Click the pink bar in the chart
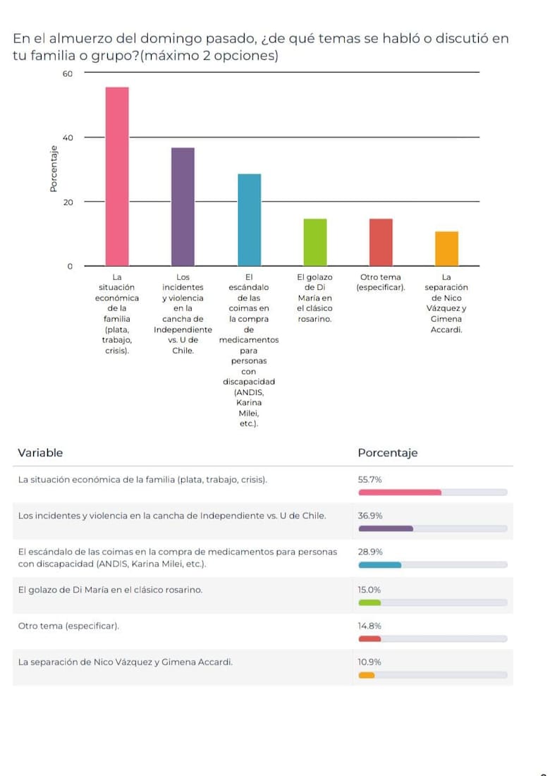pyautogui.click(x=117, y=176)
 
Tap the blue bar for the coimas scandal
pyautogui.click(x=249, y=219)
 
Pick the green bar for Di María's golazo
pyautogui.click(x=315, y=242)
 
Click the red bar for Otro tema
pyautogui.click(x=381, y=242)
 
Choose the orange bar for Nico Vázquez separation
pyautogui.click(x=446, y=248)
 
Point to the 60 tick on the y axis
pyautogui.click(x=68, y=73)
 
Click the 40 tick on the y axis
pyautogui.click(x=68, y=138)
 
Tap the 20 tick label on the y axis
pyautogui.click(x=68, y=202)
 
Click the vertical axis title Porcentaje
pyautogui.click(x=53, y=169)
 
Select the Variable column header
pyautogui.click(x=40, y=453)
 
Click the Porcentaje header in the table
pyautogui.click(x=387, y=453)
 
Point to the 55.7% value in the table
pyautogui.click(x=369, y=480)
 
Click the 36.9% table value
pyautogui.click(x=369, y=516)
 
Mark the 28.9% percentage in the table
pyautogui.click(x=369, y=552)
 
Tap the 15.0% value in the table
pyautogui.click(x=369, y=590)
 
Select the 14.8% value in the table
pyautogui.click(x=369, y=626)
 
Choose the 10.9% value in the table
pyautogui.click(x=369, y=662)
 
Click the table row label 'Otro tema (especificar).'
pyautogui.click(x=68, y=626)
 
